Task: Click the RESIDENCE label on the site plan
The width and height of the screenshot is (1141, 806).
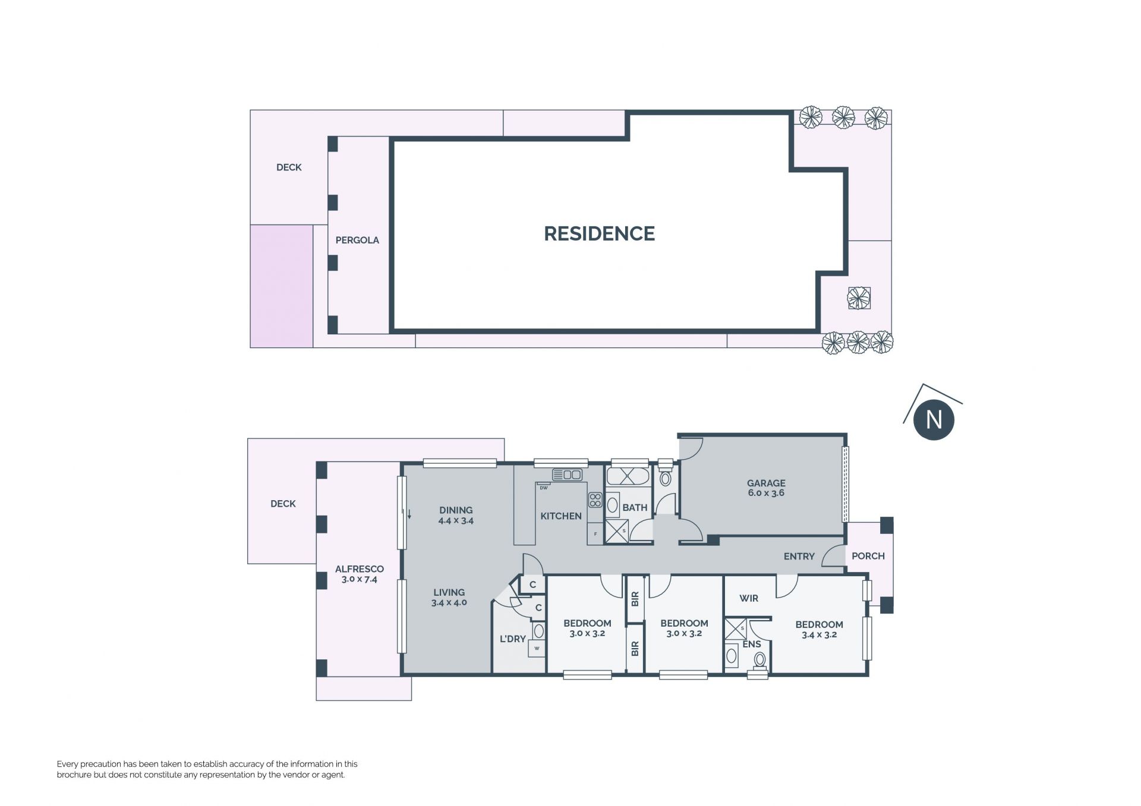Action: click(599, 233)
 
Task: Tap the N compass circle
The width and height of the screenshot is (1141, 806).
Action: click(934, 420)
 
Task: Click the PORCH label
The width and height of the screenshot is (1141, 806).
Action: click(868, 556)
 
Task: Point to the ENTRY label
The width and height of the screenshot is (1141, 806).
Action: click(799, 557)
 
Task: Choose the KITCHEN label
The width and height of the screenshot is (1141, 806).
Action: click(560, 516)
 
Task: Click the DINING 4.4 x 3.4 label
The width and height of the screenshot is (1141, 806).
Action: click(456, 515)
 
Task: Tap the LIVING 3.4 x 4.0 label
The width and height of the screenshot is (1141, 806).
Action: click(449, 597)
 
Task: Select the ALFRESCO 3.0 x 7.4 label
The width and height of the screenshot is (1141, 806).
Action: click(359, 574)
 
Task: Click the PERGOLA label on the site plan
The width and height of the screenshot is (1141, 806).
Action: click(357, 240)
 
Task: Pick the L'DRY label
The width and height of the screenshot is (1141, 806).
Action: click(512, 639)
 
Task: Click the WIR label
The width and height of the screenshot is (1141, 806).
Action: click(749, 598)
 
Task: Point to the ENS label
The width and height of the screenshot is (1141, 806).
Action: click(752, 644)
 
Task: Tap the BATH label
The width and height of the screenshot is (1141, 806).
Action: click(635, 507)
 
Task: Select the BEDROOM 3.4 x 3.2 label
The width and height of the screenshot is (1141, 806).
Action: click(819, 629)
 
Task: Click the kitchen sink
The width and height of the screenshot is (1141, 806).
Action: click(567, 475)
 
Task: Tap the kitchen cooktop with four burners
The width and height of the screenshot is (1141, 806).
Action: click(595, 500)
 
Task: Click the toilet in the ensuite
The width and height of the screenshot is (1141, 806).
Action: click(759, 660)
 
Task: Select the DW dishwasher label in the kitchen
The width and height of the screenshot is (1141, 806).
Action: click(543, 488)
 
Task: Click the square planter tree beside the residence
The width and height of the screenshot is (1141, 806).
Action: click(859, 298)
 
